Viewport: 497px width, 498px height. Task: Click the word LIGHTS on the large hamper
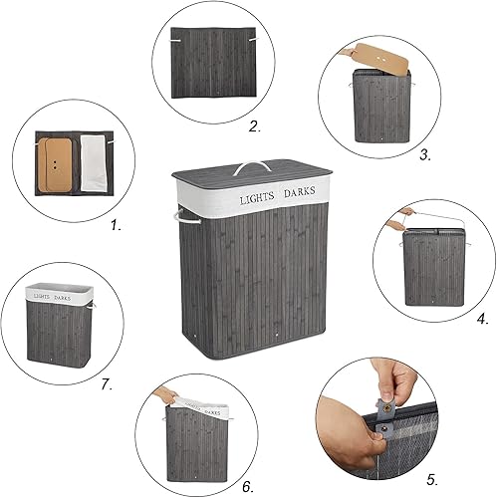[x=257, y=198]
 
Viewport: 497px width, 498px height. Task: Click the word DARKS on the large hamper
[x=300, y=191]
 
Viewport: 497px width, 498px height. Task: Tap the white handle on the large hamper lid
[x=251, y=167]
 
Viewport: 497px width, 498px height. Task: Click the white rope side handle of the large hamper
[x=186, y=217]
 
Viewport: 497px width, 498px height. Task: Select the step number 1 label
[x=116, y=226]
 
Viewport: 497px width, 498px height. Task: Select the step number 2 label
[x=255, y=126]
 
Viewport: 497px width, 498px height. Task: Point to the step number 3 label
[x=425, y=154]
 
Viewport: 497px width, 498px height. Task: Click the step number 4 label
[x=483, y=319]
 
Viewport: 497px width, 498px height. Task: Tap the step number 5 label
[x=432, y=480]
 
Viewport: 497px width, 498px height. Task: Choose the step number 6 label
[x=248, y=487]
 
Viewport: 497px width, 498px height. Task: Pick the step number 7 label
[x=107, y=384]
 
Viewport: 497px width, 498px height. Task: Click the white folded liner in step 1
[x=94, y=163]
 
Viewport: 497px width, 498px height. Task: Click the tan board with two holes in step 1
[x=55, y=165]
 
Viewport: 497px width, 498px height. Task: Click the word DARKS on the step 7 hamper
[x=63, y=298]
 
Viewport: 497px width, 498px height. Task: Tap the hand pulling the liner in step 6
[x=165, y=393]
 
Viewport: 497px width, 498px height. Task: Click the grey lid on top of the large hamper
[x=252, y=170]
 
